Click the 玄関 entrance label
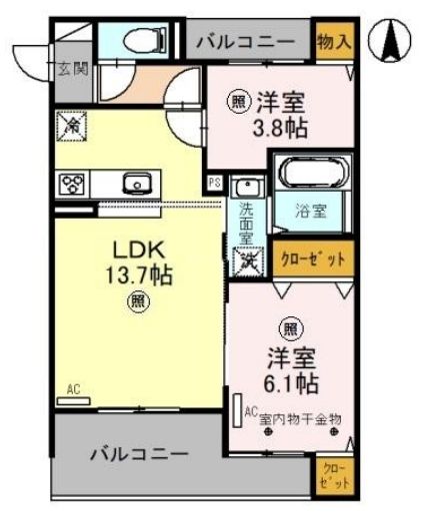[72, 69]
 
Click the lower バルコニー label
[139, 454]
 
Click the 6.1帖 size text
[291, 382]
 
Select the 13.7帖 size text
[138, 273]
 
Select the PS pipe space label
[214, 183]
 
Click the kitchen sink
[135, 183]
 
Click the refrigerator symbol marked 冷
[74, 126]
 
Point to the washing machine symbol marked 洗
[246, 261]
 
